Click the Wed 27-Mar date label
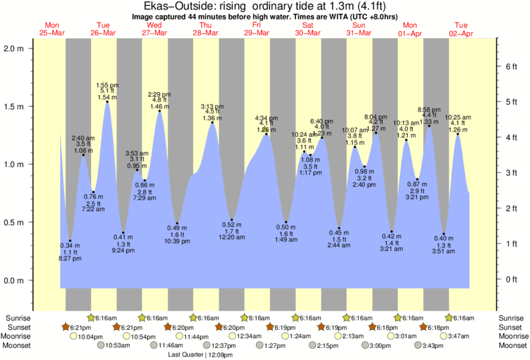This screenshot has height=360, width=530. [155, 29]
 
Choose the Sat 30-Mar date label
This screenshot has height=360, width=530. [308, 29]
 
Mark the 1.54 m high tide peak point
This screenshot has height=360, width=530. [108, 102]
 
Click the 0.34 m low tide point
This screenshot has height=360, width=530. [70, 241]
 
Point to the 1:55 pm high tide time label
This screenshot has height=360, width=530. [108, 85]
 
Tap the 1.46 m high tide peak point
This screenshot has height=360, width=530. [160, 111]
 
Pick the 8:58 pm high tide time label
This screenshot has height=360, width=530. [428, 109]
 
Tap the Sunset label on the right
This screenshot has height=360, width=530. [512, 327]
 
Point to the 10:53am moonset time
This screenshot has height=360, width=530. [116, 346]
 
